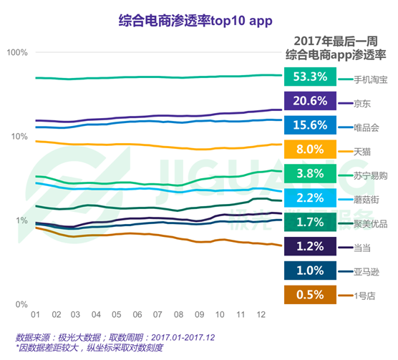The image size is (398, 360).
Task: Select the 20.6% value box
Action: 310,101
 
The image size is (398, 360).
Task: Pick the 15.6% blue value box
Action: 310,125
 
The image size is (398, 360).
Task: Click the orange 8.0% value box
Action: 310,150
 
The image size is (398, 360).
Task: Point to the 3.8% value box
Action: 310,174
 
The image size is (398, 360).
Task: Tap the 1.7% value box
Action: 310,223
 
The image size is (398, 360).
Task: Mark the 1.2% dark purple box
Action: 310,247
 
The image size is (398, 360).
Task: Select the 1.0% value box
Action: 310,271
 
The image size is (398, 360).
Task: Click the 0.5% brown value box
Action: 310,295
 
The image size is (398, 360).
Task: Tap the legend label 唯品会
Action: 366,127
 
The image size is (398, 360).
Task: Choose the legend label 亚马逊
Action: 366,272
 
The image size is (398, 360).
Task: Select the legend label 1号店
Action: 365,296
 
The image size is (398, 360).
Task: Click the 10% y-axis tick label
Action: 18,137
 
